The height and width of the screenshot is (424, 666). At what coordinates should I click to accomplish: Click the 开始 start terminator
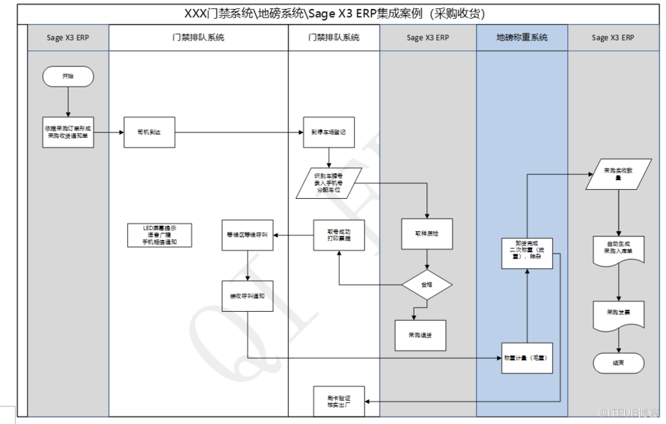pyautogui.click(x=68, y=76)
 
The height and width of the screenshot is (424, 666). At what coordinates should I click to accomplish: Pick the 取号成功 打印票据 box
pyautogui.click(x=338, y=234)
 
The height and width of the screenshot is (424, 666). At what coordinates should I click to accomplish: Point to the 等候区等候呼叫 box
pyautogui.click(x=248, y=234)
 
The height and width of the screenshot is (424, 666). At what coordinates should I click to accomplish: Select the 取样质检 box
pyautogui.click(x=427, y=234)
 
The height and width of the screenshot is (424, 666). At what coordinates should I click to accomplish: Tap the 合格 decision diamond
pyautogui.click(x=427, y=284)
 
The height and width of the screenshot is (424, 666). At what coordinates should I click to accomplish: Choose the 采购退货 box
pyautogui.click(x=420, y=335)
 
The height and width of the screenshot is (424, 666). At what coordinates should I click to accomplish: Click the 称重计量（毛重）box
pyautogui.click(x=527, y=357)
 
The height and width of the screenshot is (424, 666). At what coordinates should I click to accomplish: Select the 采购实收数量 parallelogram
pyautogui.click(x=618, y=173)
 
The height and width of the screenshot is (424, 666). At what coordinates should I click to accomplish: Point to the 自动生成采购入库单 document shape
pyautogui.click(x=618, y=246)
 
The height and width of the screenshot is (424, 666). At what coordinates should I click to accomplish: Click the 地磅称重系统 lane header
pyautogui.click(x=522, y=37)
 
